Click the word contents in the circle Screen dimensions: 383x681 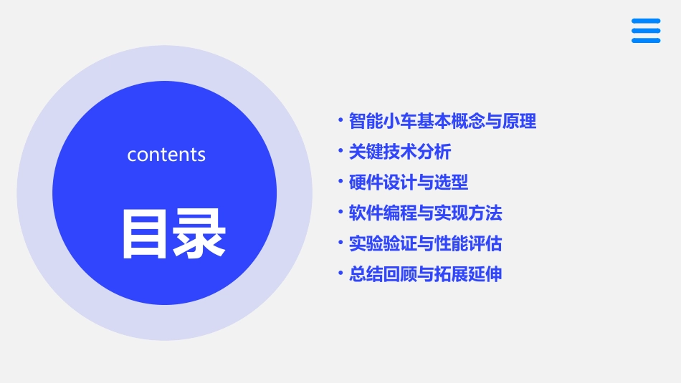point(166,155)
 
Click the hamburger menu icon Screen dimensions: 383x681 point(646,31)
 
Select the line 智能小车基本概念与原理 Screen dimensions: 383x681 point(442,122)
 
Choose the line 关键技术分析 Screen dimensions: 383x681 point(400,152)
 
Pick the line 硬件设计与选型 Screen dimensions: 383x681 point(409,183)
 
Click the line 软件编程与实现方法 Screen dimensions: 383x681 point(426,213)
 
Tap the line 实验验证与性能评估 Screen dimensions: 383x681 point(426,244)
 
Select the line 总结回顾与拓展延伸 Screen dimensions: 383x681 point(426,274)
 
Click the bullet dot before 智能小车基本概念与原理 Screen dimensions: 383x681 point(340,121)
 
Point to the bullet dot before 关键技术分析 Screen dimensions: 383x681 point(340,151)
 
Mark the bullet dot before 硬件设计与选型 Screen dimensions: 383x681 point(340,182)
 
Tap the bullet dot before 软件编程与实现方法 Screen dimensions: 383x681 point(340,213)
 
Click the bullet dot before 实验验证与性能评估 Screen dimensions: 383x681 point(340,243)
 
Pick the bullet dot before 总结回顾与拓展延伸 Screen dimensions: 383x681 point(340,273)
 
